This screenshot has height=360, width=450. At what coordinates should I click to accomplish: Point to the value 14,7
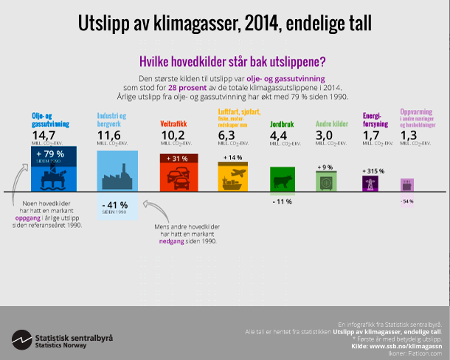point(44,135)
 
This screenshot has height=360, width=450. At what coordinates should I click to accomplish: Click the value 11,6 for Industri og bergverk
point(109,135)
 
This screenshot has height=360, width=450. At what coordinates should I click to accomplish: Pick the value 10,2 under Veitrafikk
point(173,135)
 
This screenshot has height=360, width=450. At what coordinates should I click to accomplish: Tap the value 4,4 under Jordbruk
point(281,135)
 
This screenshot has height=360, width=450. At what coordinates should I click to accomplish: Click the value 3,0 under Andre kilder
point(325,135)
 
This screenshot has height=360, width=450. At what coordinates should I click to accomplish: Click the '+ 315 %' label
point(375,171)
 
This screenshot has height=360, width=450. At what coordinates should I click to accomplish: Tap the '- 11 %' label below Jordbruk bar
point(282,201)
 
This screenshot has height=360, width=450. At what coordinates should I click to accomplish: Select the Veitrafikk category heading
point(176,123)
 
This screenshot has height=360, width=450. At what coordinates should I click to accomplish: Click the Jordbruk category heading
point(283,123)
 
